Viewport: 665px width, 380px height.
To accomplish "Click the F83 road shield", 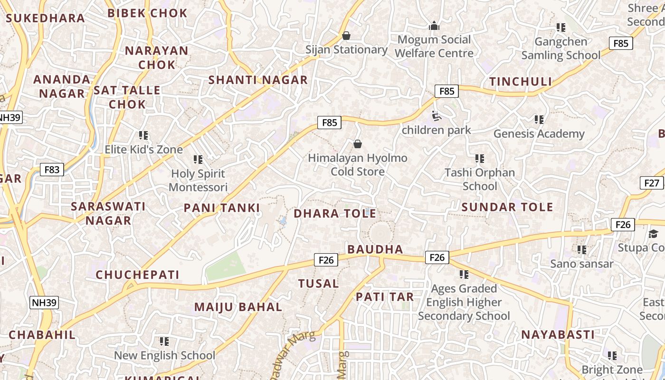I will (x=52, y=170).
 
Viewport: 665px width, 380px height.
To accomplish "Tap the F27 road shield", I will (x=652, y=183).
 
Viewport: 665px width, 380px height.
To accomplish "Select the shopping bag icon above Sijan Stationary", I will (x=346, y=36).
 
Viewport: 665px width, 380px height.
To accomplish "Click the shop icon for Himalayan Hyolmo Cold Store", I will (x=358, y=144).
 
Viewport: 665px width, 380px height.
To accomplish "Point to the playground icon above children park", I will (x=436, y=116).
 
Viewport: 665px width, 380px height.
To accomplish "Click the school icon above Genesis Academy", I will (x=539, y=119).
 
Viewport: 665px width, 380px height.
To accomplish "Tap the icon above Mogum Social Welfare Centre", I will (x=434, y=26).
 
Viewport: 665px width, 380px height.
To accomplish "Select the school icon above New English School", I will (x=164, y=341).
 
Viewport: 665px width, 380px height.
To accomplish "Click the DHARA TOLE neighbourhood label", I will (x=335, y=214).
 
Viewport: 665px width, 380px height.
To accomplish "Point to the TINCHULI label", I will (x=521, y=82).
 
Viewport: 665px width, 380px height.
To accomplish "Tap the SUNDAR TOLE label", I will (x=507, y=207).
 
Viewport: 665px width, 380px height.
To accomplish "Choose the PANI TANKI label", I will (x=222, y=208).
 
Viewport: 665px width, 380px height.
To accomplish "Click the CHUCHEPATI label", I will (x=138, y=275).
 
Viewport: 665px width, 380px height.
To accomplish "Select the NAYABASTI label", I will (x=558, y=334).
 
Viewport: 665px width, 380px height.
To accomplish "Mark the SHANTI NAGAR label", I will (x=258, y=80).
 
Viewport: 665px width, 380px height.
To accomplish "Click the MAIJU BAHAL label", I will (x=238, y=307).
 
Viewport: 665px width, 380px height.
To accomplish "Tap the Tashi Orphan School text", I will (x=480, y=179).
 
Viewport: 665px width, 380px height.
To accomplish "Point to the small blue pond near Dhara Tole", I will (x=283, y=221).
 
